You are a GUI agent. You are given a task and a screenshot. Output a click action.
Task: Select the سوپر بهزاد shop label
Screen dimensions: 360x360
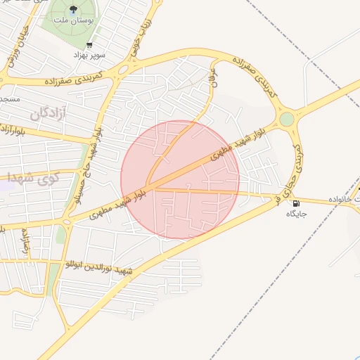pos(92,54)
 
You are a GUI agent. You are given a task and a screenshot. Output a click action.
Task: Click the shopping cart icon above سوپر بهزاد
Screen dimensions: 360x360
pos(89,44)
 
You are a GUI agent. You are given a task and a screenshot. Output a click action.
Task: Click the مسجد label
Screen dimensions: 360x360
pos(10,99)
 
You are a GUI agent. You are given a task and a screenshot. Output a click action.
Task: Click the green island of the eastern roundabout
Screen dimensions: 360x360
pos(287,119)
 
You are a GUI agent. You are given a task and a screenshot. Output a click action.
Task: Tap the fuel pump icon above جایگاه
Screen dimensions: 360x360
pos(294,205)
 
